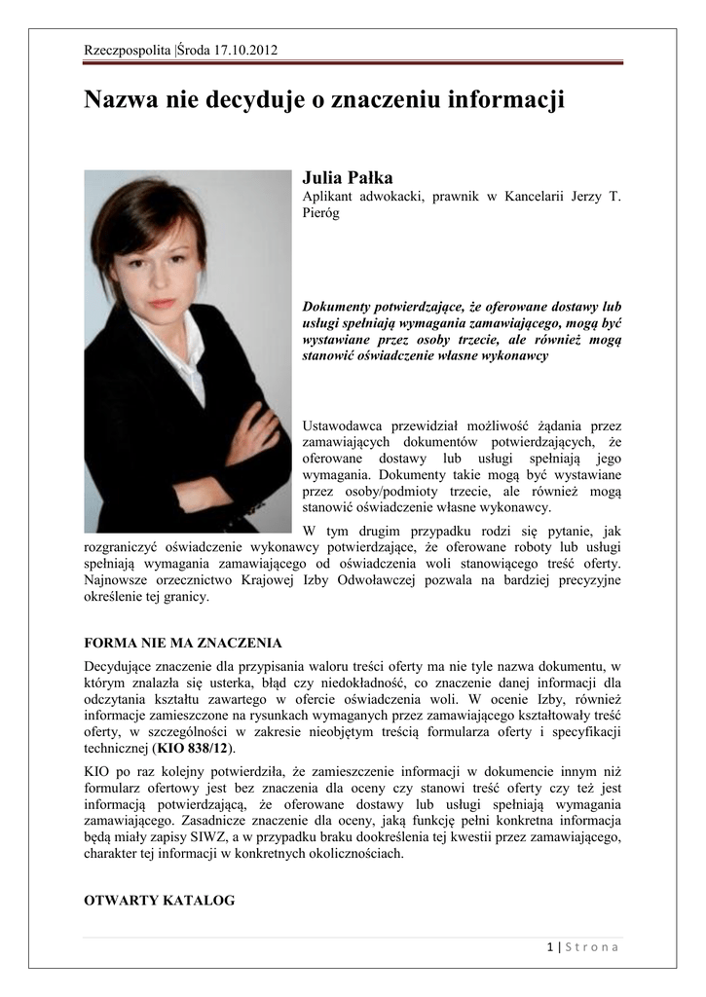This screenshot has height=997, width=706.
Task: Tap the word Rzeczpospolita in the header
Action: coord(128,50)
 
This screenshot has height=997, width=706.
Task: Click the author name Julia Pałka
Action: coord(348,177)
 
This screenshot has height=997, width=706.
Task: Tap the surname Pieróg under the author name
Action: coord(320,214)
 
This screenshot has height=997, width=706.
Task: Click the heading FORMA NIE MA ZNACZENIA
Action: coord(183,644)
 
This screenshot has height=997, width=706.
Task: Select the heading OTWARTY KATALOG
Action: coord(160,901)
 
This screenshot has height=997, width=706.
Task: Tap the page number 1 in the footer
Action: coord(550,947)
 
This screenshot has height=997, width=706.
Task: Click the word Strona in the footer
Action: coord(591,947)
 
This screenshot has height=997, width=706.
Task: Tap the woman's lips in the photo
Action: coord(162,304)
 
